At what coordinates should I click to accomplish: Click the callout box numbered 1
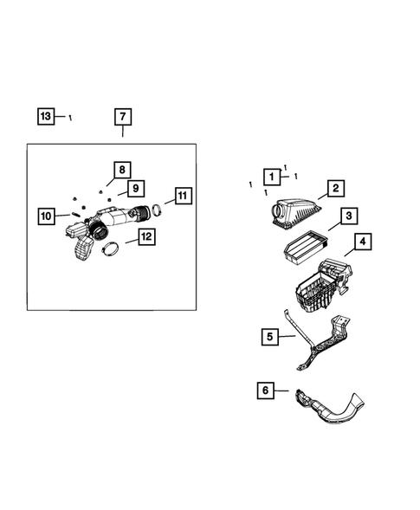pyautogui.click(x=272, y=177)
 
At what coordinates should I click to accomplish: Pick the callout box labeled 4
pyautogui.click(x=363, y=241)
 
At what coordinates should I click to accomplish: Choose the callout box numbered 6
pyautogui.click(x=263, y=391)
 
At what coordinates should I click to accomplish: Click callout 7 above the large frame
pyautogui.click(x=123, y=117)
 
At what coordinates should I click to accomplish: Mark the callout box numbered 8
pyautogui.click(x=122, y=170)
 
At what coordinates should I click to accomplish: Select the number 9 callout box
pyautogui.click(x=135, y=188)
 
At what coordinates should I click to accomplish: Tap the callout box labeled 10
pyautogui.click(x=46, y=216)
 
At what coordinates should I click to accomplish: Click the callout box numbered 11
pyautogui.click(x=182, y=196)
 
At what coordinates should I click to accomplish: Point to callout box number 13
pyautogui.click(x=46, y=115)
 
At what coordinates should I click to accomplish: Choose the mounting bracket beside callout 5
pyautogui.click(x=320, y=341)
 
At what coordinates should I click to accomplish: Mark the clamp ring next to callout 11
pyautogui.click(x=158, y=211)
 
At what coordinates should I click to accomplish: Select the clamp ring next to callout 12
pyautogui.click(x=111, y=252)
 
